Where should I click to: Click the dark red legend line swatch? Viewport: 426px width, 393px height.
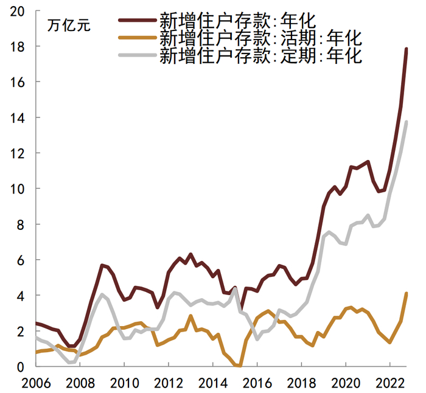pyautogui.click(x=137, y=20)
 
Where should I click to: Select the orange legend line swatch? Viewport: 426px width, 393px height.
pyautogui.click(x=137, y=38)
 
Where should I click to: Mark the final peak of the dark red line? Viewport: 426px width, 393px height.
pyautogui.click(x=407, y=49)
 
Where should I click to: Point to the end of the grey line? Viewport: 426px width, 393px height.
pyautogui.click(x=407, y=122)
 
